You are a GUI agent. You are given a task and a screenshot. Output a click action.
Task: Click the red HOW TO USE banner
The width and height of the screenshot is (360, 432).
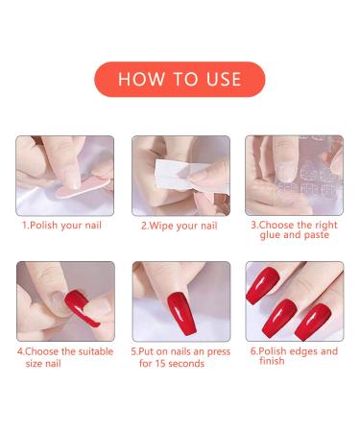pos(180,79)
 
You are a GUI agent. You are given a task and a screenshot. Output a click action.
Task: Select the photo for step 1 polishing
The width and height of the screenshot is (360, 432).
pos(64,175)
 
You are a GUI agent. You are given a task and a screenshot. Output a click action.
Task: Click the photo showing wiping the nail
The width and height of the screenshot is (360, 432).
pos(179,175)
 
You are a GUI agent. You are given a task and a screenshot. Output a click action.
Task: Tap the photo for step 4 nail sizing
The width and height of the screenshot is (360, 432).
pos(64,300)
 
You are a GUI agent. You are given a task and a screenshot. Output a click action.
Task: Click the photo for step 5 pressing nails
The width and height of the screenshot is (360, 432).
pos(179,300)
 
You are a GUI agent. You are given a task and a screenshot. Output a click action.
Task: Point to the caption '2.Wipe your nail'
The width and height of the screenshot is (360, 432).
pos(179,226)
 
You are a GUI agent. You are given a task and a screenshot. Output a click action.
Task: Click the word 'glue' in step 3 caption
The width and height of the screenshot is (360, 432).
pos(268,234)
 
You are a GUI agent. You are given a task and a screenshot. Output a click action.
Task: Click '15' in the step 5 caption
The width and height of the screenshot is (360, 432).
pos(159,364)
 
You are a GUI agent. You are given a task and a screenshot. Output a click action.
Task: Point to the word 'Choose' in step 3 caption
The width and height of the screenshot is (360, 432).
pos(278,224)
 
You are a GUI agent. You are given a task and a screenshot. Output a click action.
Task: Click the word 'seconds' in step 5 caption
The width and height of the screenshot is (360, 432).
pos(188,364)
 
